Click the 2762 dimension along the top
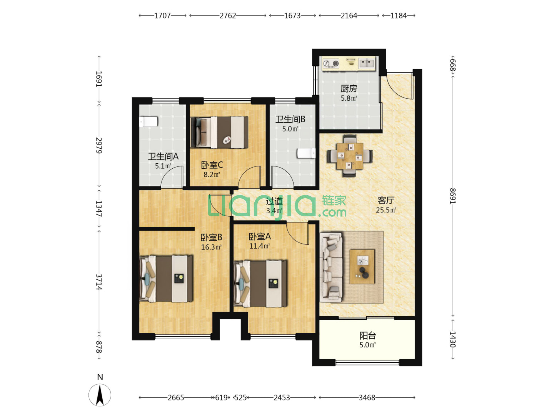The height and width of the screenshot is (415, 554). [x=227, y=16]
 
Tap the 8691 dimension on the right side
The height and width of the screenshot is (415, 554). [x=452, y=196]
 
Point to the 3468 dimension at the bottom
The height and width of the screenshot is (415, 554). [x=367, y=398]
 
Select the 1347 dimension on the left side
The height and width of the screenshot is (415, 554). [x=99, y=209]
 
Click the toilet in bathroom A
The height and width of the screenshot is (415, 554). [x=148, y=121]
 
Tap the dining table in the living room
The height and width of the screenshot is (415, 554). [x=350, y=156]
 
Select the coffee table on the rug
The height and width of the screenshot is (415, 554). [x=362, y=267]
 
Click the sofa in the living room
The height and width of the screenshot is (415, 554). [x=331, y=267]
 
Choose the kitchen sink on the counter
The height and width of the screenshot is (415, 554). [x=367, y=63]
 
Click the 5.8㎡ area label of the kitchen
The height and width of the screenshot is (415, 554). [x=349, y=98]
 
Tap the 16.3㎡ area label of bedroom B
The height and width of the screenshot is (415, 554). [x=211, y=247]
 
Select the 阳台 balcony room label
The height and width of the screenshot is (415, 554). [x=367, y=335]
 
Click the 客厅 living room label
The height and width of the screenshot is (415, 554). [x=386, y=200]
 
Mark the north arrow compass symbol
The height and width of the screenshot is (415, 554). [x=100, y=395]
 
